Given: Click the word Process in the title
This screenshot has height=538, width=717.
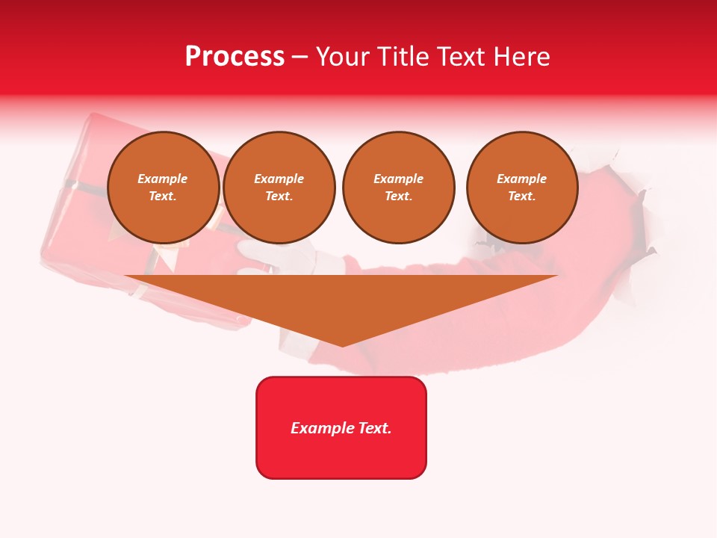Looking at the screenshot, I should pos(235,57).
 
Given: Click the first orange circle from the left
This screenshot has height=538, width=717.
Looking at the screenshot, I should pos(163,188).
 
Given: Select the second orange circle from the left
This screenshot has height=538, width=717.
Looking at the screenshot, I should pos(279,188).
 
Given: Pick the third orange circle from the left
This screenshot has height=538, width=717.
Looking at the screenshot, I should pos(398,188).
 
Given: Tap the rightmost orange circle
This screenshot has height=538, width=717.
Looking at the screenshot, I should pos(522,188).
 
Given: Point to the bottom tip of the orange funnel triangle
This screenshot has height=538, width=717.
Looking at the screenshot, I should pos(342,344).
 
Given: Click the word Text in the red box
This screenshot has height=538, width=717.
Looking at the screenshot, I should pos(376,428).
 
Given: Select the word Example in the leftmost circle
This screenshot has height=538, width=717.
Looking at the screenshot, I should pos(163,179).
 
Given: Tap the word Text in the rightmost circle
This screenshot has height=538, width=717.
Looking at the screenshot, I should pos(521,197).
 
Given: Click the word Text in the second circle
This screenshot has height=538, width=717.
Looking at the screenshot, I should pos(279,197).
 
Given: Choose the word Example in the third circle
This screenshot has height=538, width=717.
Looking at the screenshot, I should pos(398,179).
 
